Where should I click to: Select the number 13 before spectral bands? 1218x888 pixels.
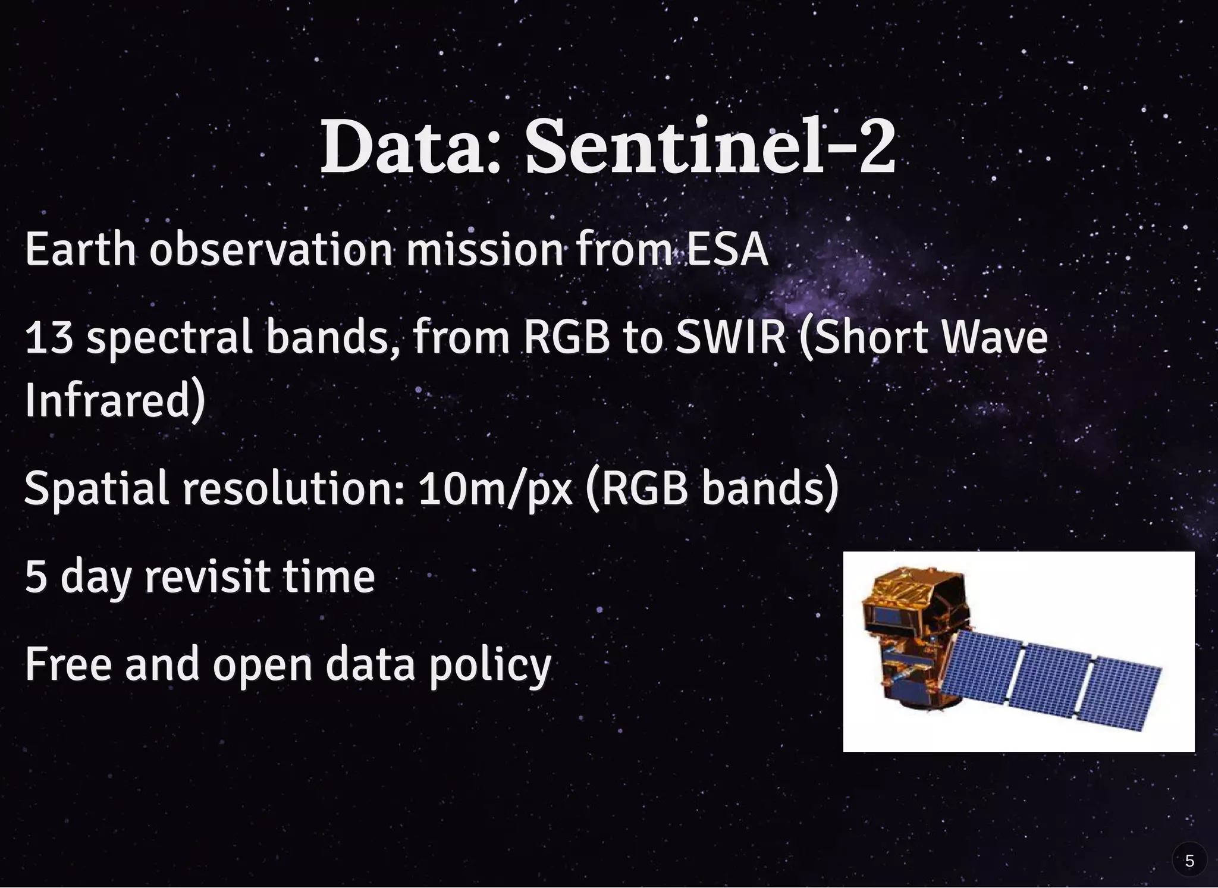(x=49, y=337)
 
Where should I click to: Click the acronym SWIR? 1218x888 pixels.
(x=731, y=337)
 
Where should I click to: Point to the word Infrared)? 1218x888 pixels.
(x=115, y=400)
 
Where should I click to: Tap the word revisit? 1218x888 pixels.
(x=208, y=576)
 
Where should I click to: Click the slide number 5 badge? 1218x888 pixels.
(x=1189, y=861)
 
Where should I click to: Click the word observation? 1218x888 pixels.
(x=271, y=249)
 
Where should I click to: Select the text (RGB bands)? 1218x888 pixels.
(x=712, y=488)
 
